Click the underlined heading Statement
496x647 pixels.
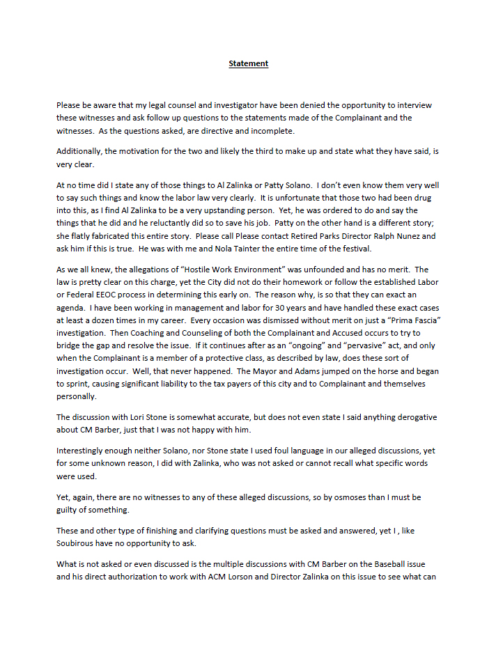(x=249, y=63)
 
